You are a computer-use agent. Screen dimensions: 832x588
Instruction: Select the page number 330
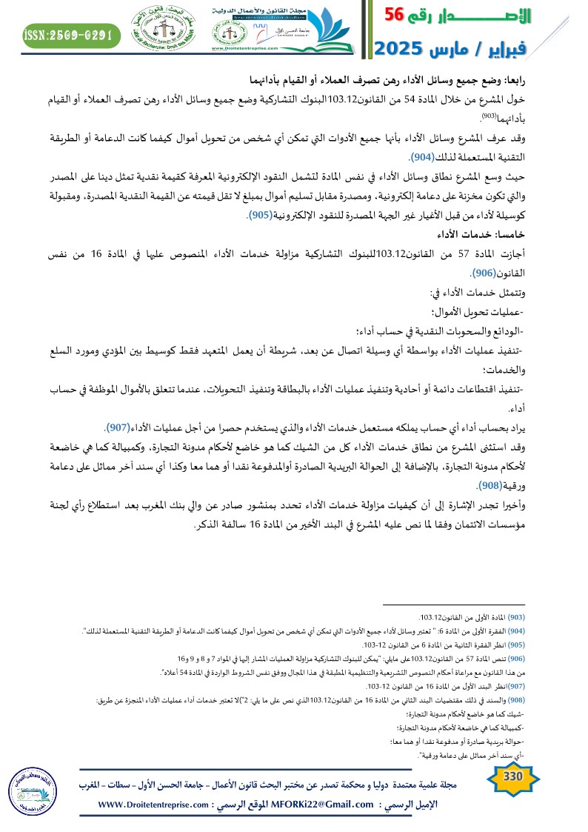pyautogui.click(x=512, y=796)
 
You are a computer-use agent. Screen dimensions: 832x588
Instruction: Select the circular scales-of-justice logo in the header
pyautogui.click(x=163, y=31)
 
